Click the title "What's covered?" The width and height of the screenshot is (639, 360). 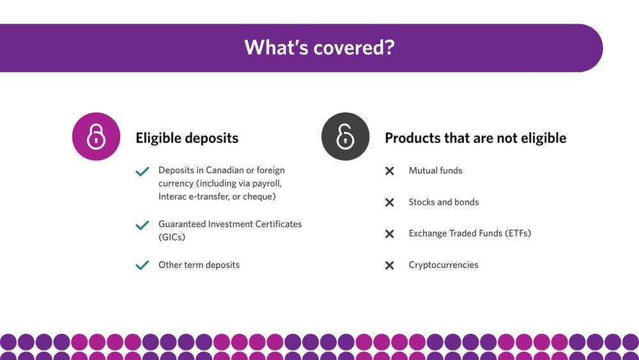coord(319,47)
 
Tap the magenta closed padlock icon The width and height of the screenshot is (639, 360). coord(96,136)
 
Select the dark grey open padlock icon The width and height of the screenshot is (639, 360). coord(345,136)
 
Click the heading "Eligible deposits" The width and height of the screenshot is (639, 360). coord(187,138)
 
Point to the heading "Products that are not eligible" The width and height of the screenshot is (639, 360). coord(475,138)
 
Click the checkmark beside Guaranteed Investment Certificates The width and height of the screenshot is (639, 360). coord(142,226)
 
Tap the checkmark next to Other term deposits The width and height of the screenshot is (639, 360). coord(142,265)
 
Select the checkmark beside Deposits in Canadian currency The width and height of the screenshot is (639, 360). coord(142,171)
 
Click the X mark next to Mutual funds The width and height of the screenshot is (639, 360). coord(389,171)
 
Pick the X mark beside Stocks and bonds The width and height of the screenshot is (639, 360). coord(389,203)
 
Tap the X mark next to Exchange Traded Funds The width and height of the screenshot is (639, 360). coord(389,234)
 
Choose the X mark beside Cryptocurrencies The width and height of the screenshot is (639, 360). coord(389,265)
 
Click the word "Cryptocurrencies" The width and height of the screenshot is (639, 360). coord(443,265)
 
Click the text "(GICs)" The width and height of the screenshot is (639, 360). coord(172,237)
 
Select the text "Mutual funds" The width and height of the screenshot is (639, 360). coord(435,171)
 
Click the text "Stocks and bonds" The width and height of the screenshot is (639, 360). coord(443,202)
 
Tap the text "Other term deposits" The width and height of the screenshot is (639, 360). coord(199,265)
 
